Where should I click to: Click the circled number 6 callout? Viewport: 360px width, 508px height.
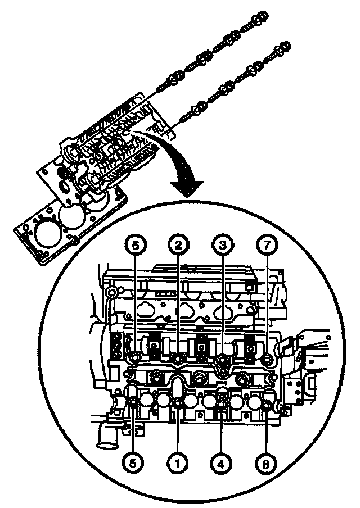pos(134,244)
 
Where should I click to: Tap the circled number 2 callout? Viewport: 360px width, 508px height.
pos(178,244)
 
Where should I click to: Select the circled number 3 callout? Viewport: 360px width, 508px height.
pos(222,244)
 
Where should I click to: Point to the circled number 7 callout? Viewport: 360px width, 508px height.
pos(265,244)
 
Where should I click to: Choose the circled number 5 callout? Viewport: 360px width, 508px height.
pos(134,463)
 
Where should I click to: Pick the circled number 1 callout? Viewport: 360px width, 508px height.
pos(178,463)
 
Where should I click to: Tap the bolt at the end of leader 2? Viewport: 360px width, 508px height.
pos(178,358)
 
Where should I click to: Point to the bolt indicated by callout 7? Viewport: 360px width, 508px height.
pos(266,358)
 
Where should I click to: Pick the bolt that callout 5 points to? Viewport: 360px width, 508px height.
pos(134,402)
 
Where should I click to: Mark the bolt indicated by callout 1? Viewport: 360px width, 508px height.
pos(178,402)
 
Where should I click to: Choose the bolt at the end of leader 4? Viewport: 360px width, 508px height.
pos(222,402)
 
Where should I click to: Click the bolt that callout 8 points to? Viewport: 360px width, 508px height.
pos(267,402)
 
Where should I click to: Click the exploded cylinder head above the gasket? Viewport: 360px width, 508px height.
pos(107,157)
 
